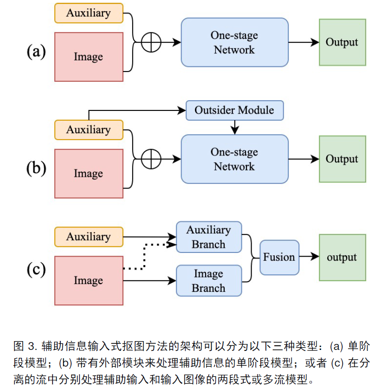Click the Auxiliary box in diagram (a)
click(89, 13)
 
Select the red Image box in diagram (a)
click(89, 57)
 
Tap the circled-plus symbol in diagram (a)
click(151, 43)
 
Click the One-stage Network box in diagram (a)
click(234, 43)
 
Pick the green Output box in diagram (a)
click(342, 43)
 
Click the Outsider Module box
click(234, 110)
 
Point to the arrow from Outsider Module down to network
click(235, 126)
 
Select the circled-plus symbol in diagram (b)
click(151, 159)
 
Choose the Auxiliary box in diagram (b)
click(89, 129)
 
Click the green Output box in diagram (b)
click(342, 159)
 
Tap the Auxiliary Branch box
click(209, 237)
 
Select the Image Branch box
click(209, 281)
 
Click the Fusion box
click(279, 257)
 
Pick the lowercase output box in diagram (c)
click(342, 258)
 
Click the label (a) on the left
click(37, 52)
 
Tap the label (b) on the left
click(37, 168)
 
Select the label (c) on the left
click(37, 270)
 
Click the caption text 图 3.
click(25, 346)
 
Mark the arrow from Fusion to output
click(309, 257)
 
